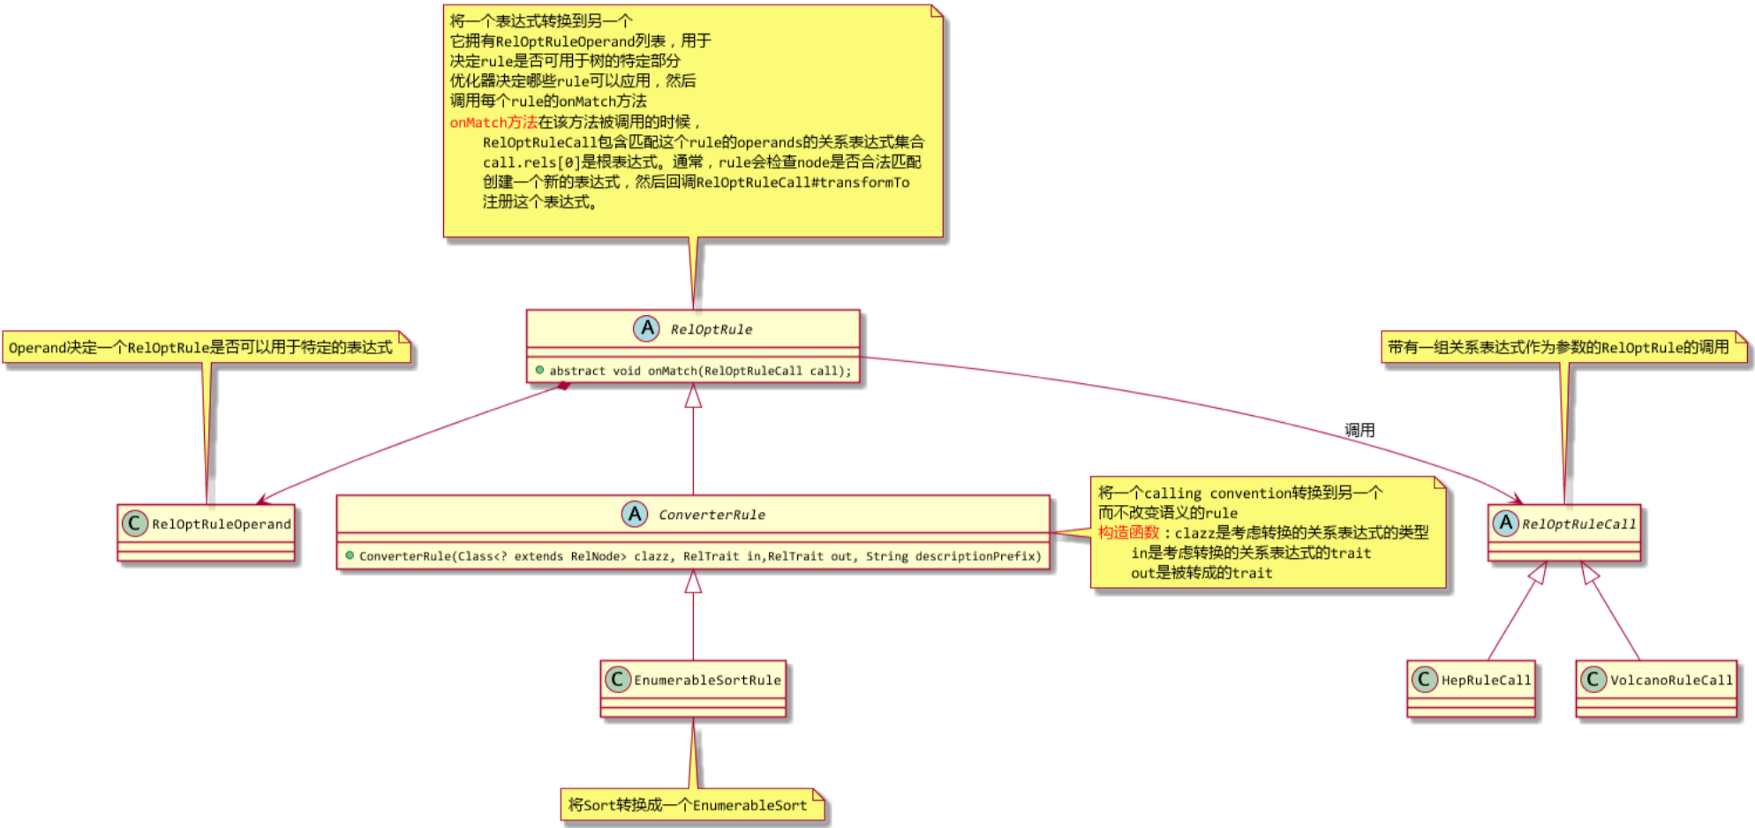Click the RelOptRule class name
[711, 330]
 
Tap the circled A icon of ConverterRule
[634, 514]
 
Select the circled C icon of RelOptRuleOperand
[134, 523]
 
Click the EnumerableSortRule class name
[707, 681]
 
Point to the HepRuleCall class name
[1486, 681]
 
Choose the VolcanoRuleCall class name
[1671, 681]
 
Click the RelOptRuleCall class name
[1578, 524]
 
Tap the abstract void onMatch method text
[700, 372]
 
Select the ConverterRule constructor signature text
[700, 557]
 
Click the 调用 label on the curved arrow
[1360, 431]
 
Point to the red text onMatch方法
[493, 123]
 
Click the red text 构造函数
[1128, 533]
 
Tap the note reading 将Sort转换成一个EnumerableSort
[689, 805]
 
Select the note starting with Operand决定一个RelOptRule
[201, 348]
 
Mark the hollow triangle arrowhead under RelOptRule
[694, 396]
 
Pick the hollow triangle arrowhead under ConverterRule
[694, 582]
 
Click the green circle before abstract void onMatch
[539, 370]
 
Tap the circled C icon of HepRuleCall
[1423, 679]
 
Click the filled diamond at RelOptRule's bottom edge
[563, 386]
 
